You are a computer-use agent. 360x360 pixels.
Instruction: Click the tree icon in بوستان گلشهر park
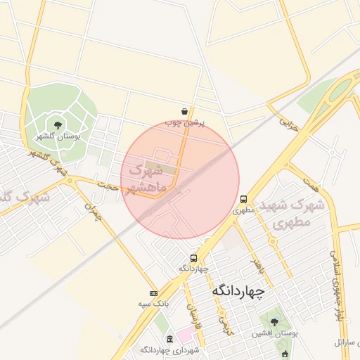[58, 125]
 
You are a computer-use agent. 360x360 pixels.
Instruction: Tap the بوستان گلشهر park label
[58, 136]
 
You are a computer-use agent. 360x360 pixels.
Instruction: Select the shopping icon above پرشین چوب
[184, 111]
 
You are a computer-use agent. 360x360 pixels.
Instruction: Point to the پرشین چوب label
[184, 122]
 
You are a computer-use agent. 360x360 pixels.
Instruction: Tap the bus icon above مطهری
[243, 199]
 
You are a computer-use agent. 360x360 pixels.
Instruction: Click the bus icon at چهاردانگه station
[194, 258]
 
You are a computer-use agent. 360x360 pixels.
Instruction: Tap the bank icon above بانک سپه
[153, 293]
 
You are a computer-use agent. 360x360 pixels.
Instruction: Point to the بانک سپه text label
[153, 304]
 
